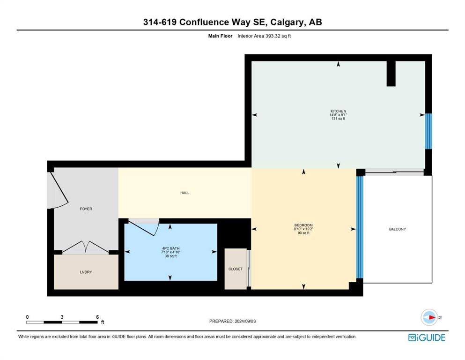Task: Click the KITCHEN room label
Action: click(x=338, y=111)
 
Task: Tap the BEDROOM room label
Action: click(x=303, y=225)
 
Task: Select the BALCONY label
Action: click(x=398, y=229)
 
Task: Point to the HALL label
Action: click(x=185, y=193)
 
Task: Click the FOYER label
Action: click(x=86, y=209)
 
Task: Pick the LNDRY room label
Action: click(x=86, y=272)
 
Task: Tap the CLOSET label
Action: click(x=236, y=269)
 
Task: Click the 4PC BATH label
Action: click(x=171, y=248)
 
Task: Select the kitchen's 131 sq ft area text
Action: click(x=338, y=119)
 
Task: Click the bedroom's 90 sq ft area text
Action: click(x=303, y=233)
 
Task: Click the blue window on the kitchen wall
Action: click(x=428, y=131)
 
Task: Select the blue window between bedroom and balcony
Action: click(x=360, y=227)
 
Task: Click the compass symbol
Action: click(x=429, y=317)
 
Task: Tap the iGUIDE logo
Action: click(x=427, y=338)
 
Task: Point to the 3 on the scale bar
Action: click(x=62, y=317)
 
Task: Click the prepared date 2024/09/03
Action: click(x=245, y=321)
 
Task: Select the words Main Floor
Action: click(x=220, y=36)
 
